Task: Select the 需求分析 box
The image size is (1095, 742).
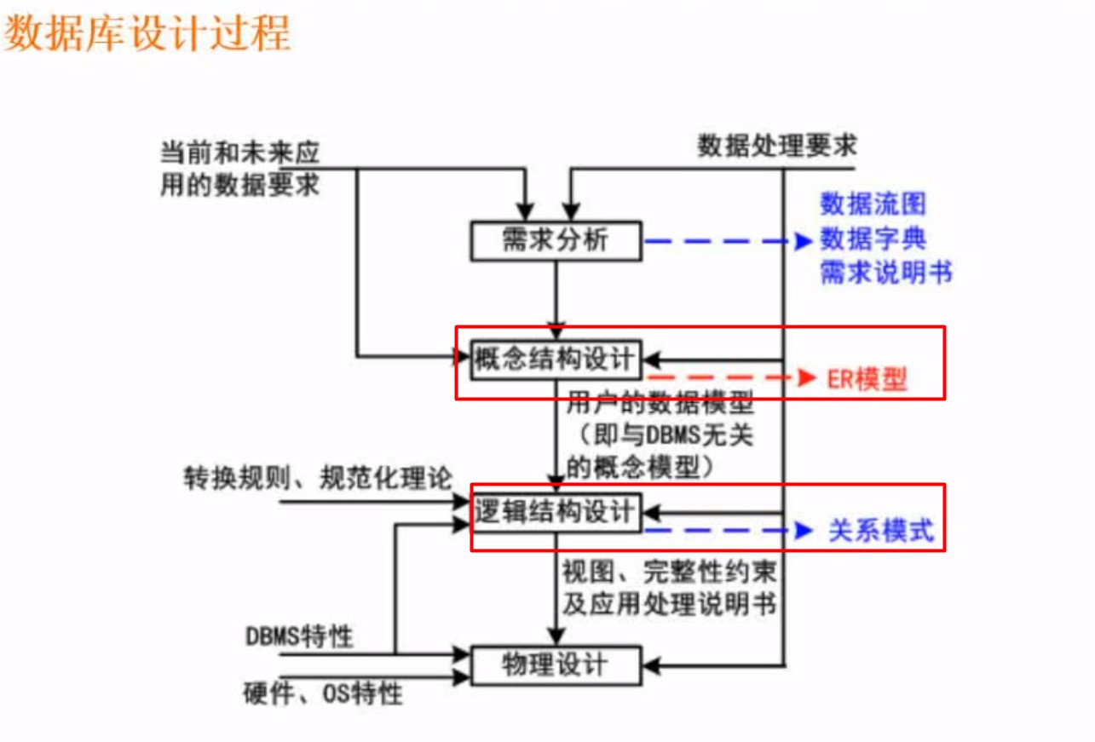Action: (556, 241)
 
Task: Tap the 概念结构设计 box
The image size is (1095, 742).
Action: (556, 360)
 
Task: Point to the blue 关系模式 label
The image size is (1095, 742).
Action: (881, 531)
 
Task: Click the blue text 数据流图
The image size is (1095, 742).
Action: (873, 204)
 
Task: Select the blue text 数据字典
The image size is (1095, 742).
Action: (873, 239)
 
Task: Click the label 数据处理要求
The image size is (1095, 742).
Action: (777, 147)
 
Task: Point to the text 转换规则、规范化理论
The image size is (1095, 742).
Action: (319, 479)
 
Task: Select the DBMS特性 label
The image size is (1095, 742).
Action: (299, 636)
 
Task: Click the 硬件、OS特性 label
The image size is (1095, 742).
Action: (323, 693)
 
